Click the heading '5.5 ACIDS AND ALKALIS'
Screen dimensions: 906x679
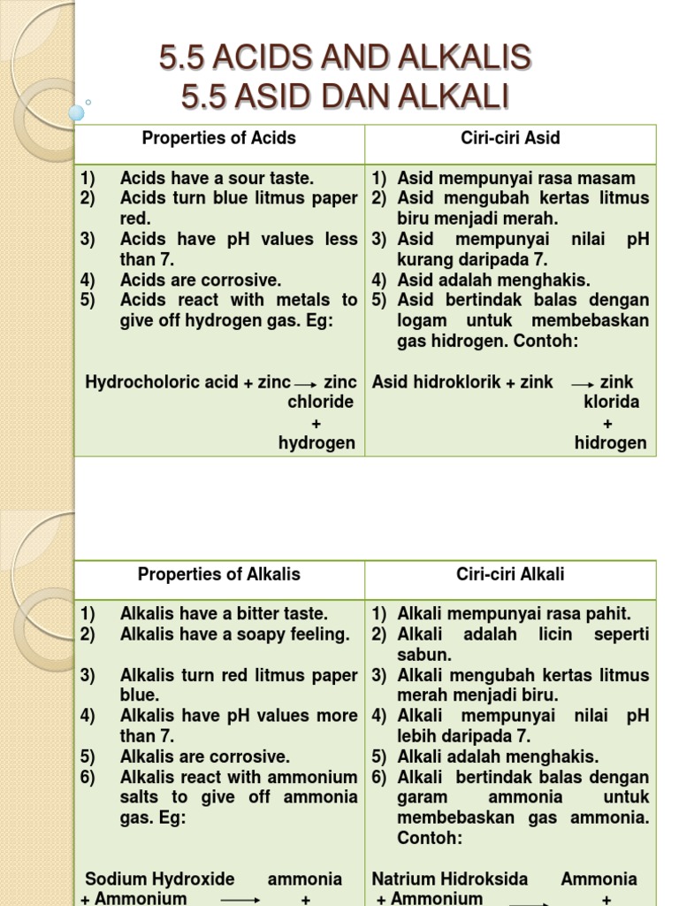pyautogui.click(x=345, y=58)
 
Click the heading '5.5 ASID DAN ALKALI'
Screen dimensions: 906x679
pyautogui.click(x=345, y=96)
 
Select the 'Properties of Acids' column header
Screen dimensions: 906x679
pyautogui.click(x=219, y=138)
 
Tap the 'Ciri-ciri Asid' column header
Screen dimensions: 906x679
pyautogui.click(x=510, y=138)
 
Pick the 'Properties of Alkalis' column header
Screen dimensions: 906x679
pyautogui.click(x=219, y=574)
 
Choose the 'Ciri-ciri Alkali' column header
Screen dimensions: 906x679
pyautogui.click(x=510, y=574)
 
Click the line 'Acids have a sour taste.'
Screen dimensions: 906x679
pyautogui.click(x=217, y=178)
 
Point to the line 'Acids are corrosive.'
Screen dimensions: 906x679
pyautogui.click(x=201, y=280)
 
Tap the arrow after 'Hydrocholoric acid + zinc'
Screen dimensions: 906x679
pyautogui.click(x=305, y=384)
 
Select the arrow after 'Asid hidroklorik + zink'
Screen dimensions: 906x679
pyautogui.click(x=582, y=384)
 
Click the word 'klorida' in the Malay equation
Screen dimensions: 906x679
pyautogui.click(x=611, y=402)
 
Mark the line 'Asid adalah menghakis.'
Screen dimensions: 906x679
pyautogui.click(x=493, y=280)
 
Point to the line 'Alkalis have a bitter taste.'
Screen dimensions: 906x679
pyautogui.click(x=224, y=613)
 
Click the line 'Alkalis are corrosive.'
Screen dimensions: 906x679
pyautogui.click(x=205, y=756)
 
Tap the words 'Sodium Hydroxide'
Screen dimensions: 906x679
pyautogui.click(x=160, y=879)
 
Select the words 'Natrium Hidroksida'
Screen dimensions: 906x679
pyautogui.click(x=450, y=879)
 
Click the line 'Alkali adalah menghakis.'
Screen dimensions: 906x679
pyautogui.click(x=498, y=756)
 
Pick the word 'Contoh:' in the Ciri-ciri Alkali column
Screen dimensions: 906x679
pyautogui.click(x=430, y=837)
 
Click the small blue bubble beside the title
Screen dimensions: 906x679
pyautogui.click(x=77, y=112)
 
